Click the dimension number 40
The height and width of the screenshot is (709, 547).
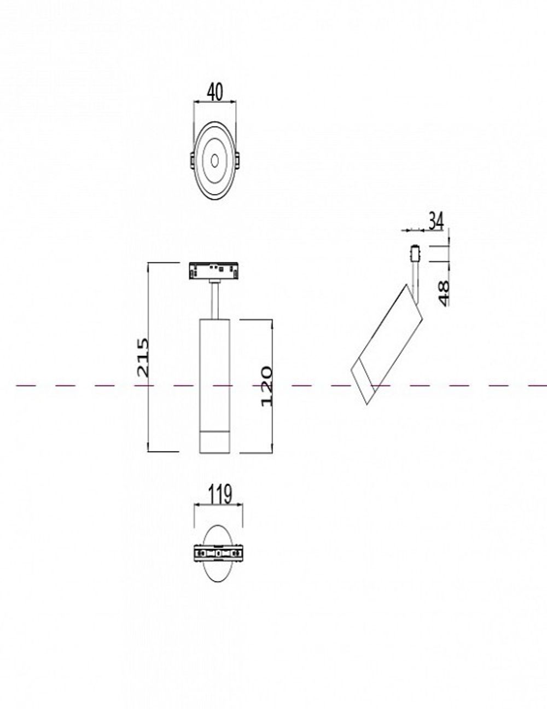point(215,92)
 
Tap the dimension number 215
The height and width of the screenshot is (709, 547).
point(142,357)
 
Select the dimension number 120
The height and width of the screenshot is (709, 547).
point(266,386)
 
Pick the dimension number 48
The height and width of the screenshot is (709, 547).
point(443,293)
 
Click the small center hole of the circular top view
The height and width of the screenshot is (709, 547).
point(214,160)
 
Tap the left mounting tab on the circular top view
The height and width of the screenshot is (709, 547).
point(192,160)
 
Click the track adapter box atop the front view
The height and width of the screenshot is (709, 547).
point(214,270)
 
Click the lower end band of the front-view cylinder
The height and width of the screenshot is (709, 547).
point(214,442)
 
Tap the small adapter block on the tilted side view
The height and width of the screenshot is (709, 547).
point(415,254)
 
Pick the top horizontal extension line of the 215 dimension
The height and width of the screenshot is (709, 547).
point(164,263)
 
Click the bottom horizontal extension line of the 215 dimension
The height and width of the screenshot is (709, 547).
point(164,452)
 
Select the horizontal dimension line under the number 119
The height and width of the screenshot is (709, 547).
point(219,505)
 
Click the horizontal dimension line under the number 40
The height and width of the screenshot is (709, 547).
point(215,102)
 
